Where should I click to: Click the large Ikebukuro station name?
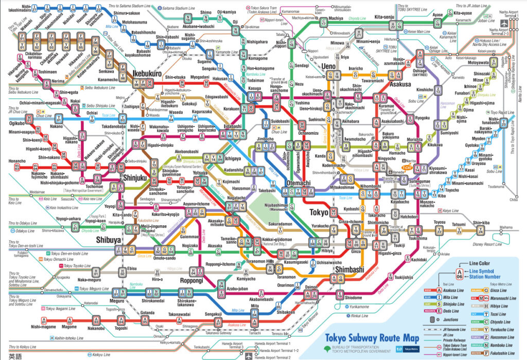click(x=148, y=74)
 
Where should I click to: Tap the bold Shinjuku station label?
click(x=135, y=178)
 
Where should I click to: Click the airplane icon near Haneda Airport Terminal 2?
click(x=250, y=355)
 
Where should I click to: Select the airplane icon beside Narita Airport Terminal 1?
click(x=504, y=23)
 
